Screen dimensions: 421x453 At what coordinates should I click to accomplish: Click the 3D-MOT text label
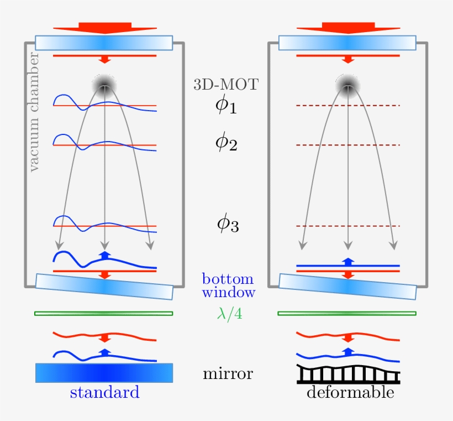coord(226,85)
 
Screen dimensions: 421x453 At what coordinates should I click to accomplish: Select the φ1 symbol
coord(226,106)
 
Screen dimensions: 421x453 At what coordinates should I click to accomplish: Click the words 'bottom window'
coord(228,285)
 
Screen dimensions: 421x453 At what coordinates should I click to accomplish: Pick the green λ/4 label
coord(228,314)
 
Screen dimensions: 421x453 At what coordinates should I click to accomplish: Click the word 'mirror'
coord(228,374)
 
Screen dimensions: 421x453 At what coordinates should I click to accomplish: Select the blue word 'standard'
coord(104,393)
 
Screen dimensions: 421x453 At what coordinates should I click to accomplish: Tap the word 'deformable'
coord(350,393)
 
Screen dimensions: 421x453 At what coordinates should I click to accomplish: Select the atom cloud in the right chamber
coord(347,84)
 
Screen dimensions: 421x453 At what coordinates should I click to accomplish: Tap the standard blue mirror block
coord(104,373)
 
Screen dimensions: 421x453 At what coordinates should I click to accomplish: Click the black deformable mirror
coord(349,375)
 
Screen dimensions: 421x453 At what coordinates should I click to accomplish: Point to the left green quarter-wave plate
coord(104,314)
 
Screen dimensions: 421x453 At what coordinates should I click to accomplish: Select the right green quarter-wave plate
coord(347,314)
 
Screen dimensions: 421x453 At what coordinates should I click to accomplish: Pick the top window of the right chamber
coord(347,43)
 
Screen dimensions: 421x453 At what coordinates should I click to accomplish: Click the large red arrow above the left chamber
coord(104,28)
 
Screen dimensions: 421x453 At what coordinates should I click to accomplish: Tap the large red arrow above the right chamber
coord(347,28)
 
